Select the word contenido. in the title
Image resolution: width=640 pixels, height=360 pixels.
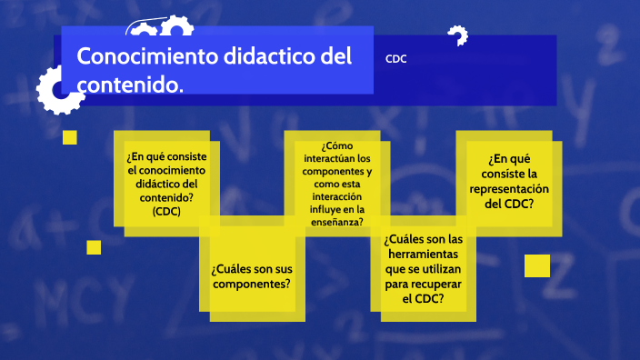click(x=130, y=85)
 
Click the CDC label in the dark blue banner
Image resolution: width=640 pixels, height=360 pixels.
click(x=395, y=59)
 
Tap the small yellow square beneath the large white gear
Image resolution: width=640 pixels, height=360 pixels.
click(x=69, y=137)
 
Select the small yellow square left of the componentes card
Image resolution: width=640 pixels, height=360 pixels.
click(x=94, y=247)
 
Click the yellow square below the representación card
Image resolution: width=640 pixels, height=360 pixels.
click(x=537, y=265)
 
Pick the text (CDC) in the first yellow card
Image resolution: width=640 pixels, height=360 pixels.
click(x=166, y=212)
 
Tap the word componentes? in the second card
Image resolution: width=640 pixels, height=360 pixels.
click(x=252, y=284)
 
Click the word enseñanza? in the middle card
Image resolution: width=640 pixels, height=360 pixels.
click(x=336, y=222)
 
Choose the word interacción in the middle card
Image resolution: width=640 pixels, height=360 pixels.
click(x=336, y=196)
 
